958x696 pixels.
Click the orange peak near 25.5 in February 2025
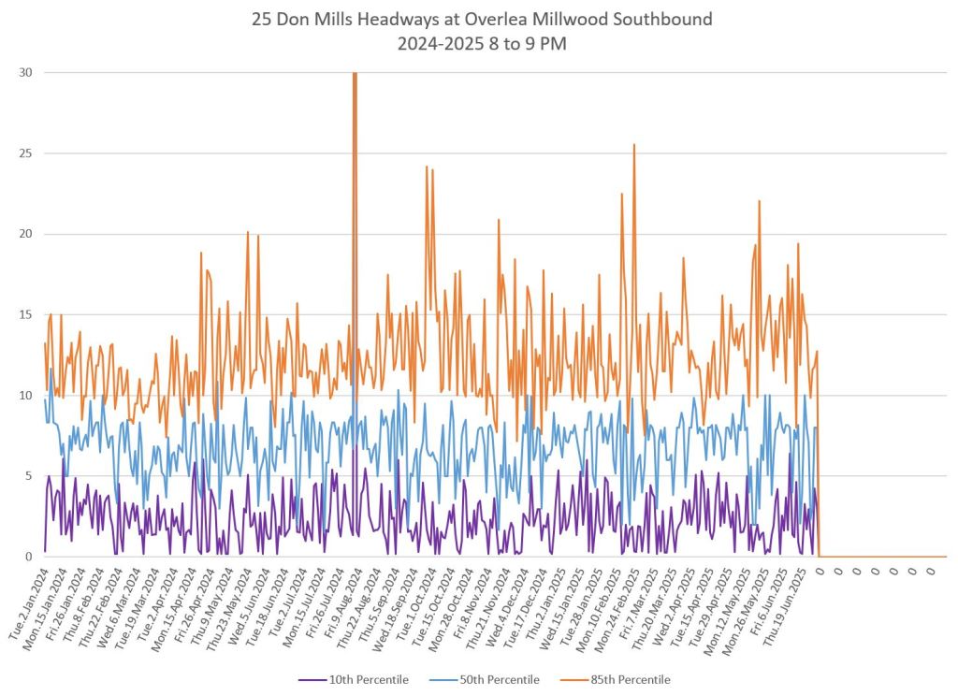click(634, 145)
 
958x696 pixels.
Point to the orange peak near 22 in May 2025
click(759, 201)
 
